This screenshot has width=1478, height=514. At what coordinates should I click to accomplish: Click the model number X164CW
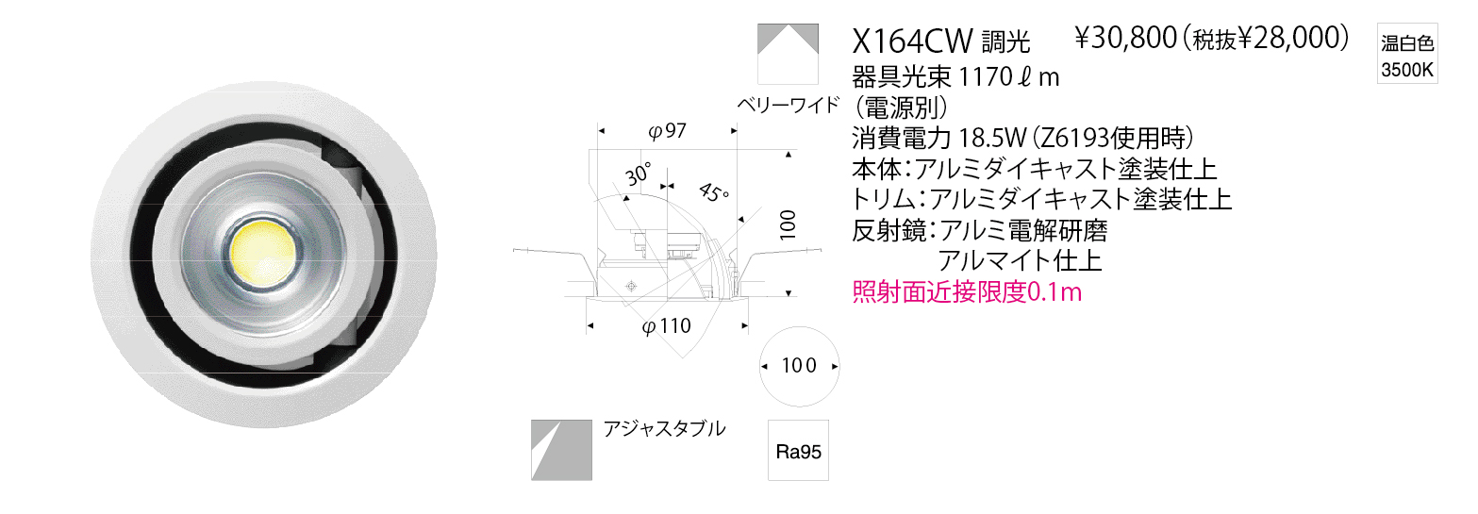(912, 41)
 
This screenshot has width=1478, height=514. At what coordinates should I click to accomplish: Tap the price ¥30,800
(1126, 39)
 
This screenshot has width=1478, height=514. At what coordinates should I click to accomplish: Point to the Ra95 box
(798, 451)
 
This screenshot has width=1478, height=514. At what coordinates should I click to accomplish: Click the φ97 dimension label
(667, 131)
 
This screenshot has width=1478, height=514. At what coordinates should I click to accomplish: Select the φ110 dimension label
(667, 326)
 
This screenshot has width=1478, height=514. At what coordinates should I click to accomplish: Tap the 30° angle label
(638, 174)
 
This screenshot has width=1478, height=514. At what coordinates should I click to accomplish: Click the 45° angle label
(714, 193)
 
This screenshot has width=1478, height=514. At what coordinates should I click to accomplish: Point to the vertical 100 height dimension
(788, 224)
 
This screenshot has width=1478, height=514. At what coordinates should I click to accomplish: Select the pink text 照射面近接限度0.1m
(968, 291)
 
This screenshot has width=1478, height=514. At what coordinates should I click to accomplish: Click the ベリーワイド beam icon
(788, 54)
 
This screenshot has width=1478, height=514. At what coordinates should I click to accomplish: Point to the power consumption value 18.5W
(992, 138)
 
